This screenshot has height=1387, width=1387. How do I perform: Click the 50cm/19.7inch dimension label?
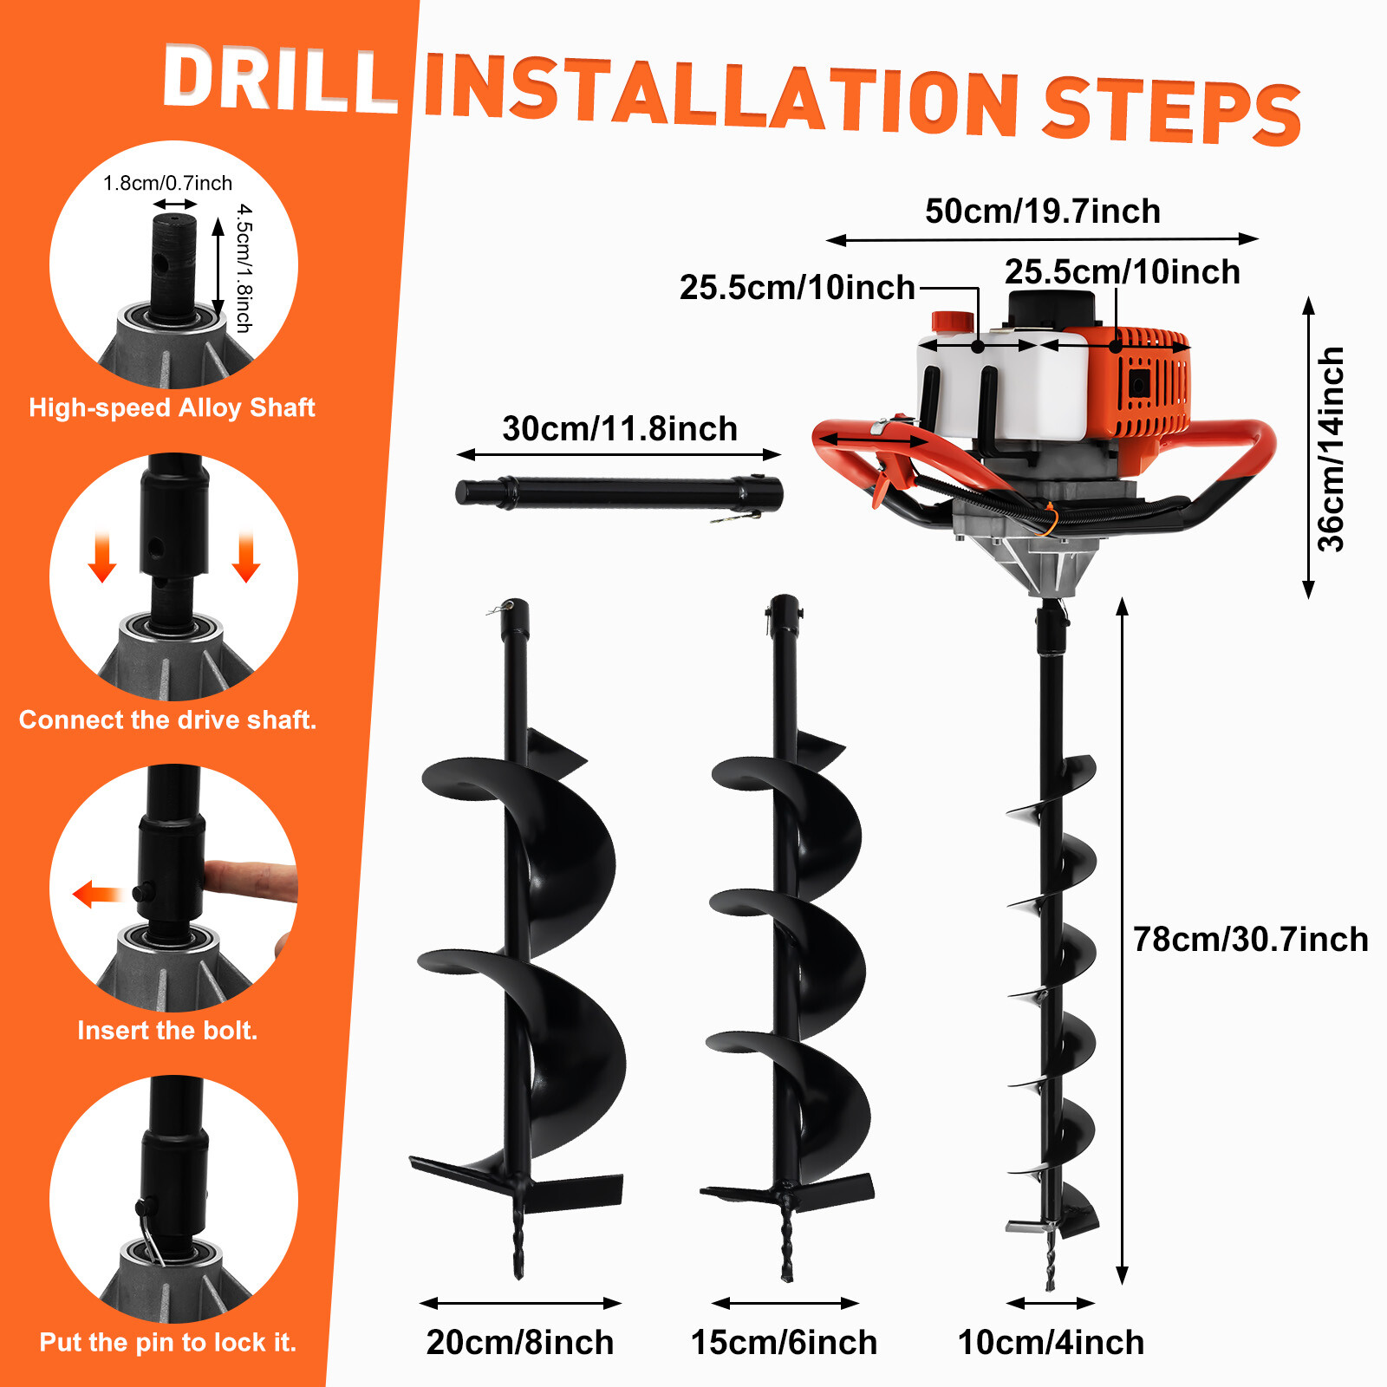(1042, 212)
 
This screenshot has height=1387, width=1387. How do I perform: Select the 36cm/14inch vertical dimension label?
(1331, 449)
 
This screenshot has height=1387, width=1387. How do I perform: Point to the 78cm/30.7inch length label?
(1249, 940)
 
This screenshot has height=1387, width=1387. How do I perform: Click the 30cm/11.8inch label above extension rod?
(619, 429)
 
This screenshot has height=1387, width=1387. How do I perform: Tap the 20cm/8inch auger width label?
(519, 1342)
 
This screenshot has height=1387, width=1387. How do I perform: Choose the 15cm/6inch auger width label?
(784, 1342)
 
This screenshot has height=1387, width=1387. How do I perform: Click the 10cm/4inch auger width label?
(1050, 1342)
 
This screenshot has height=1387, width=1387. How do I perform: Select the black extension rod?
(619, 493)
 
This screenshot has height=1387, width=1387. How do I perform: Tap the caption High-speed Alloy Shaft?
(172, 407)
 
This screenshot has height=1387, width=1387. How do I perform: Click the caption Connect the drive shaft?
(167, 720)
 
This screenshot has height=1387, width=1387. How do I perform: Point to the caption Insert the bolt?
(167, 1030)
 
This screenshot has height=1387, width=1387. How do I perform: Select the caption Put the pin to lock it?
(167, 1342)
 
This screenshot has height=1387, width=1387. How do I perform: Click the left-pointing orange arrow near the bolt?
(95, 894)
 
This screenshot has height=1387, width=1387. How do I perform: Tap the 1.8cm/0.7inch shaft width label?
(167, 183)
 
